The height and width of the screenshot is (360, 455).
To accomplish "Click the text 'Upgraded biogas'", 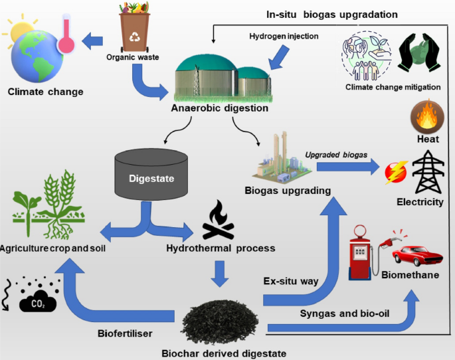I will coord(335,154).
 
